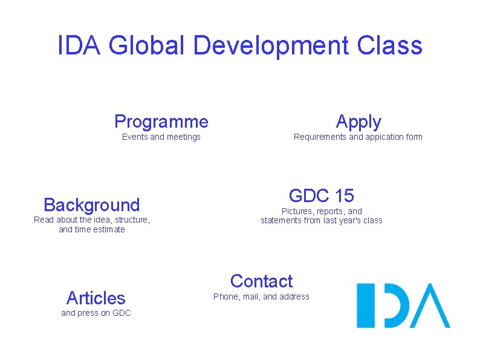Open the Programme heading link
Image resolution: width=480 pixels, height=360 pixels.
(x=161, y=122)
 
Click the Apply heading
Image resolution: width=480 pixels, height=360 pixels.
(x=358, y=122)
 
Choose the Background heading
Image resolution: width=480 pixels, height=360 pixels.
(x=92, y=205)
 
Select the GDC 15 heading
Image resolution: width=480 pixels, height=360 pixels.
(x=322, y=196)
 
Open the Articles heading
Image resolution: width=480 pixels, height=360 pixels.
(x=96, y=298)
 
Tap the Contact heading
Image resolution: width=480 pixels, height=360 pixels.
(x=261, y=281)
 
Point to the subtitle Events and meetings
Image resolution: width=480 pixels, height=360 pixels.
(x=161, y=137)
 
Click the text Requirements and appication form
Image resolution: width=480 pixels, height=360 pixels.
(x=358, y=137)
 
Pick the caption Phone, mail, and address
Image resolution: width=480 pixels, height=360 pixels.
(x=261, y=296)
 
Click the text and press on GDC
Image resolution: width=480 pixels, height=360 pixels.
(x=96, y=313)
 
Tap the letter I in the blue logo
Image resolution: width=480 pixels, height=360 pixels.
(x=362, y=306)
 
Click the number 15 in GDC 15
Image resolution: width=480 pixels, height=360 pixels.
(x=343, y=196)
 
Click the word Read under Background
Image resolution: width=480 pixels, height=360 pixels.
(x=44, y=220)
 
